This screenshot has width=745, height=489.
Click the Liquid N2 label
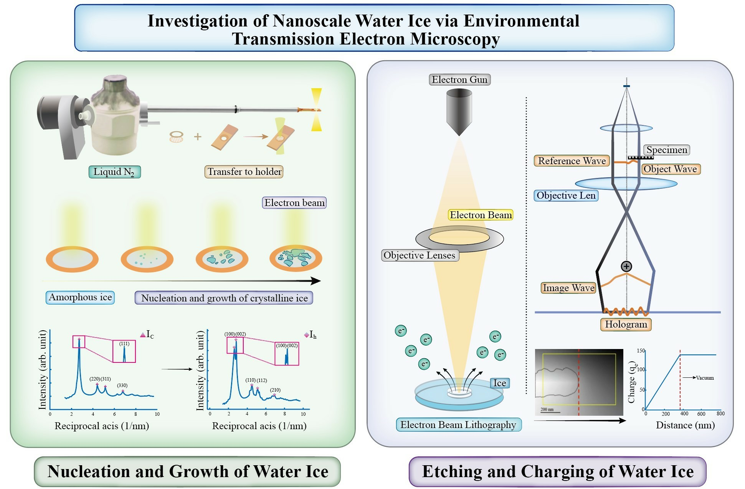(114, 172)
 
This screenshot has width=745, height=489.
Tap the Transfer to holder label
(244, 171)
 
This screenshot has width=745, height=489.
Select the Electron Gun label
(459, 80)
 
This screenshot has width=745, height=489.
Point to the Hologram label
(626, 324)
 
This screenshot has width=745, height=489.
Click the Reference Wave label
(572, 161)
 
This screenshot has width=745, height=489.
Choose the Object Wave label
(670, 169)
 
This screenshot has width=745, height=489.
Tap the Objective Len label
(566, 196)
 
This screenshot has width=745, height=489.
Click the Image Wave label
(568, 288)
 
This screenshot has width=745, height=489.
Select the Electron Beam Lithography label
(458, 425)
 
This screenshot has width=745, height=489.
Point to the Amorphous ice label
(80, 298)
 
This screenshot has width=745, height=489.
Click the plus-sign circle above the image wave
(626, 266)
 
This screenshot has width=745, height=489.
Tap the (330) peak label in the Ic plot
(122, 385)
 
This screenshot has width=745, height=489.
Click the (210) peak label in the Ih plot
(275, 390)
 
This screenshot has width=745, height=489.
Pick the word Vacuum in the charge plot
(705, 378)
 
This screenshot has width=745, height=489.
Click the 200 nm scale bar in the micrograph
(550, 412)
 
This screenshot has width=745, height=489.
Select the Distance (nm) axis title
(685, 425)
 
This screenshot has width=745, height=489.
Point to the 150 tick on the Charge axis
(641, 351)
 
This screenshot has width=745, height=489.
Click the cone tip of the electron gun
(459, 134)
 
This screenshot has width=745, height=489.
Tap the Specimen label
(667, 150)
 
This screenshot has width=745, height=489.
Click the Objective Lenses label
(420, 255)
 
